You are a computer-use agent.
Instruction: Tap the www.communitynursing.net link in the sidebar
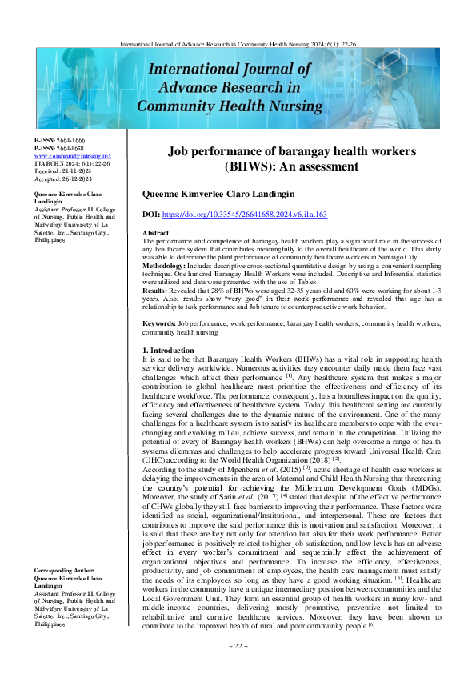(62, 156)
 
